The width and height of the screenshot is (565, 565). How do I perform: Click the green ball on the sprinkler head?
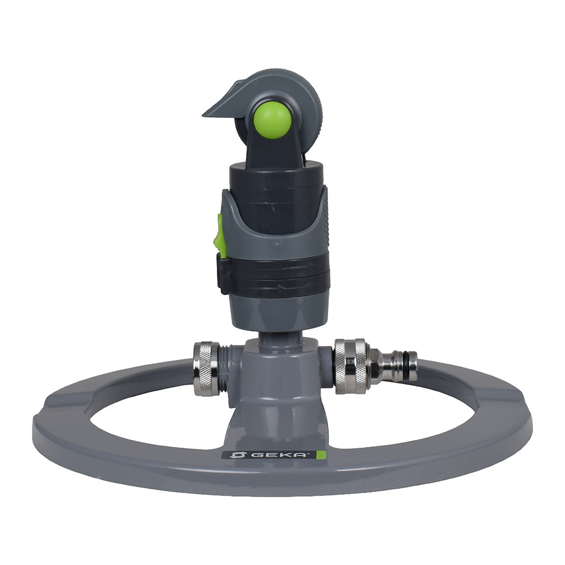(272, 120)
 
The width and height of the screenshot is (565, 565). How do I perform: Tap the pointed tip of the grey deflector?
(206, 114)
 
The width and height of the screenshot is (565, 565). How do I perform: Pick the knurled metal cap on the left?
(206, 369)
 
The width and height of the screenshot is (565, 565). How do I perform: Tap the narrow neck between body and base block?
(274, 338)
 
